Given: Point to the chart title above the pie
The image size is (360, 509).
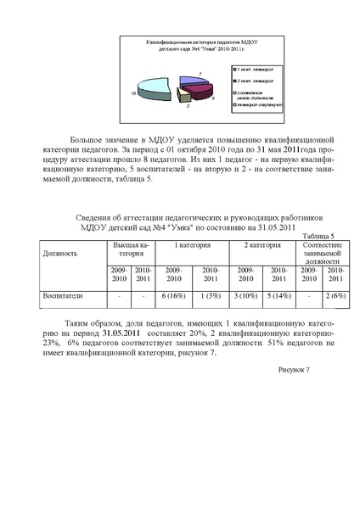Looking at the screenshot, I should [x=179, y=45].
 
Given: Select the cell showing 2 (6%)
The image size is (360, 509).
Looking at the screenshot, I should [x=336, y=296].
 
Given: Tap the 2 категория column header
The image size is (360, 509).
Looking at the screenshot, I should [x=264, y=244].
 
